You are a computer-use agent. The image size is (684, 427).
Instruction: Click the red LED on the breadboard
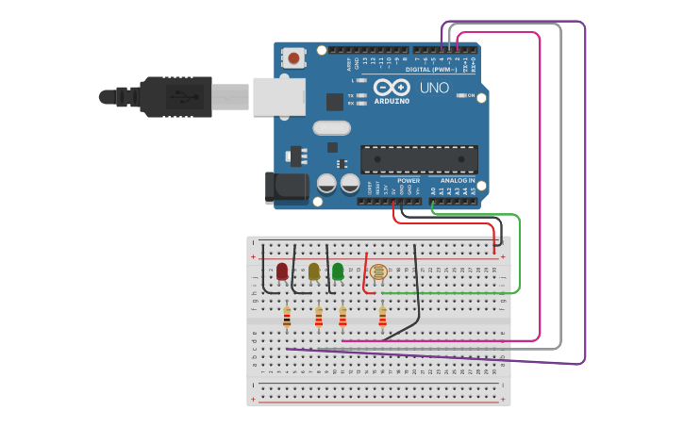282,271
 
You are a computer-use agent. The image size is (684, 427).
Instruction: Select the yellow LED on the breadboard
314,271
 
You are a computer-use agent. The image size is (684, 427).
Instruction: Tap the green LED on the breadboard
338,271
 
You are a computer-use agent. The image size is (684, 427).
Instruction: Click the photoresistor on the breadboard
378,272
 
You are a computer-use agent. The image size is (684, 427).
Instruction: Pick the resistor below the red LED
287,320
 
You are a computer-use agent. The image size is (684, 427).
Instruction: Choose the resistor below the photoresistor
382,319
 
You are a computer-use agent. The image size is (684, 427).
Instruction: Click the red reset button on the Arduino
294,59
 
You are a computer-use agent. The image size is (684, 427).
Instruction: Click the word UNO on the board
434,88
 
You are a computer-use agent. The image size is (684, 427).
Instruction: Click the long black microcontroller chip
419,159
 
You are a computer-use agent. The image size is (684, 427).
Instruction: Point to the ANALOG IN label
458,180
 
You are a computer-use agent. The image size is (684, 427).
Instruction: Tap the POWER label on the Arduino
409,180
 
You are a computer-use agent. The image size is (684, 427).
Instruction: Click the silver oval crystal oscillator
331,127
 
